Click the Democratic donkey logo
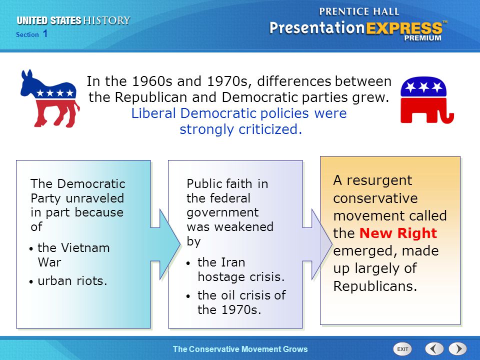[x=50, y=98]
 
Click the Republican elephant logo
[x=426, y=100]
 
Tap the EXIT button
[x=402, y=349]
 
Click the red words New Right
[x=398, y=233]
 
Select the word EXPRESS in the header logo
[x=404, y=28]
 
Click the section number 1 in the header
[x=45, y=33]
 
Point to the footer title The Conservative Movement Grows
[x=240, y=349]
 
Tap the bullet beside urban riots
[x=31, y=281]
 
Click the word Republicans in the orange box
[x=375, y=286]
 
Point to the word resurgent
[x=379, y=180]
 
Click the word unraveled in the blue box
[x=95, y=198]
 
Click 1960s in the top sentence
[x=153, y=81]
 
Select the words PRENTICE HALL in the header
[x=359, y=11]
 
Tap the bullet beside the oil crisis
[x=188, y=296]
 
